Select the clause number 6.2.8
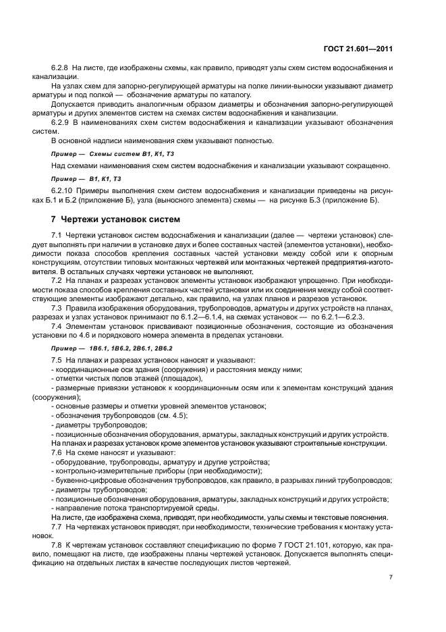(x=61, y=69)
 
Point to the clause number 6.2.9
(x=61, y=122)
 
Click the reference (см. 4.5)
(x=170, y=415)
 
